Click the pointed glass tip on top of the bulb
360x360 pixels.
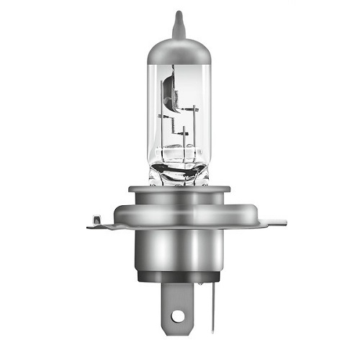179,22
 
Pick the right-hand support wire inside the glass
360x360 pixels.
197,133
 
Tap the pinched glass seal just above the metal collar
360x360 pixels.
180,175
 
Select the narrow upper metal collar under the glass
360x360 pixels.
180,191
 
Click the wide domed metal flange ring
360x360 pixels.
180,215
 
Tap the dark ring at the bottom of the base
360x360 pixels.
180,276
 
